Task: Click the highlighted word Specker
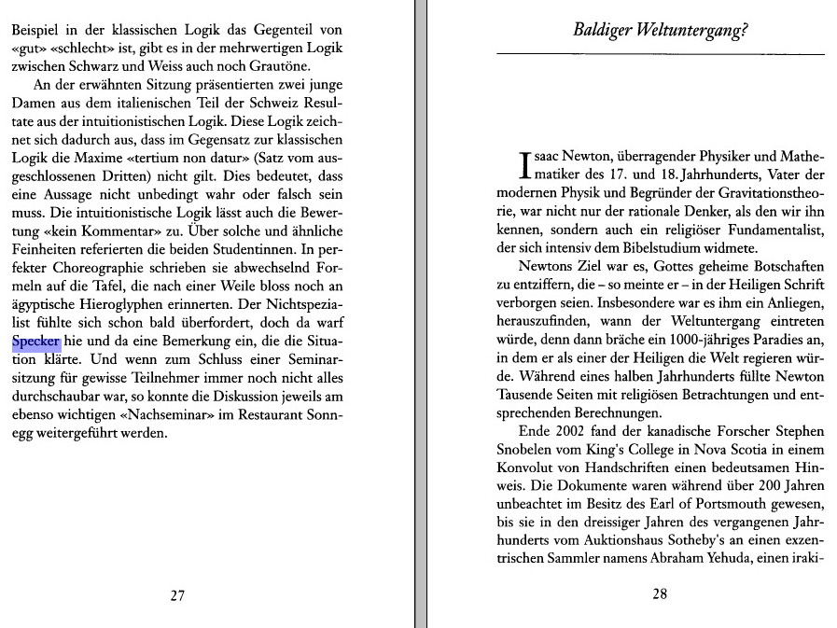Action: coord(36,342)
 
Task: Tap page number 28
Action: coord(660,595)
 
